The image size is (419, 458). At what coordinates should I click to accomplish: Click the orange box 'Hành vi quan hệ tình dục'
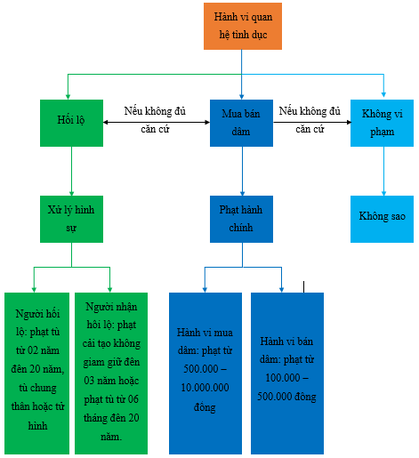(x=243, y=26)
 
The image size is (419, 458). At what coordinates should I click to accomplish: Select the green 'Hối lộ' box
(x=71, y=123)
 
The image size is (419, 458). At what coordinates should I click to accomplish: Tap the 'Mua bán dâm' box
(x=241, y=123)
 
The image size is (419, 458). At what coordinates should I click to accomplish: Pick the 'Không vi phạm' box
(x=382, y=123)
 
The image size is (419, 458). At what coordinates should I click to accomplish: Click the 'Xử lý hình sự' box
(x=71, y=219)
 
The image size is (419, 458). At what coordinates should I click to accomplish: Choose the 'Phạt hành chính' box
(x=241, y=219)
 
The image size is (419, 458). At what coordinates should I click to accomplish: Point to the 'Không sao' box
(x=382, y=219)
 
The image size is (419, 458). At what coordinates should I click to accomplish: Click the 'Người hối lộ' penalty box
(x=36, y=374)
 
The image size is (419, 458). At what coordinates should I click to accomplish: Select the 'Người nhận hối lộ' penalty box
(x=111, y=374)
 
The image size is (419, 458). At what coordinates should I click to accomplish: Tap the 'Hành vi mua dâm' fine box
(x=205, y=374)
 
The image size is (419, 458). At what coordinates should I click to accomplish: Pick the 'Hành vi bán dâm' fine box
(x=287, y=374)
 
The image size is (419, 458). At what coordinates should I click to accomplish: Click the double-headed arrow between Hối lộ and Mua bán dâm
(x=157, y=122)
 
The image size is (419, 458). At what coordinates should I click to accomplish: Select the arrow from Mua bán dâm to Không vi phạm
(x=312, y=122)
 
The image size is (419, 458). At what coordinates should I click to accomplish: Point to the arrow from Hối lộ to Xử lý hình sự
(x=71, y=171)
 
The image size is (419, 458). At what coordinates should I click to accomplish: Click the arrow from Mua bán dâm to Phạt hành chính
(x=242, y=171)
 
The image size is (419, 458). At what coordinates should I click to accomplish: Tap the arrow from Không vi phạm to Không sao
(x=383, y=171)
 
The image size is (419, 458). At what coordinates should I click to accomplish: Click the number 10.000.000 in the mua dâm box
(x=205, y=388)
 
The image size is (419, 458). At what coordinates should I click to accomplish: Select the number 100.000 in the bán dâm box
(x=283, y=378)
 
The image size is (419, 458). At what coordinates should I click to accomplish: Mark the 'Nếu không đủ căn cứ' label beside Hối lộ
(x=155, y=120)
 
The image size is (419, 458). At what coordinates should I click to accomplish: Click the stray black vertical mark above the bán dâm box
(x=304, y=287)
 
